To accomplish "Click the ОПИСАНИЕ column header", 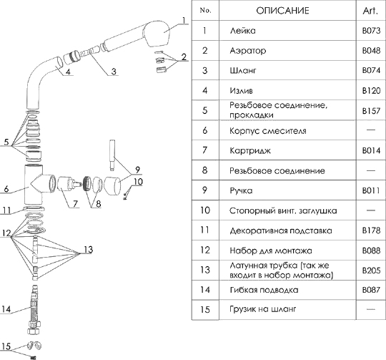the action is point(282,11).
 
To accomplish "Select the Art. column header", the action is point(370,11).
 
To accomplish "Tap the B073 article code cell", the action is point(371,31).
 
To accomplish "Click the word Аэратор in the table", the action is point(248,51).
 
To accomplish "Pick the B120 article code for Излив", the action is point(371,91).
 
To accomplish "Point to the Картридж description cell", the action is point(250,150).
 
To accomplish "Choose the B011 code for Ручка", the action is point(371,190).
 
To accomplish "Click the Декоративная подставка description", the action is point(281,231).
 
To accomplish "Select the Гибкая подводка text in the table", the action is point(264,290).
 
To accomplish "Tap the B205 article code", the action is point(371,271).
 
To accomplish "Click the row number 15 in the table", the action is point(205,309).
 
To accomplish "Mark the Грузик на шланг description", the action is point(262,309).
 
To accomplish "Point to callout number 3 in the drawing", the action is point(114,71).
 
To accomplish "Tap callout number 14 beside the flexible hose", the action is point(6,308).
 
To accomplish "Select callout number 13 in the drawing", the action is point(89,249).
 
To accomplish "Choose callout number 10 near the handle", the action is point(138,182).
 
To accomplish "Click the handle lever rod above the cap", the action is point(112,155).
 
